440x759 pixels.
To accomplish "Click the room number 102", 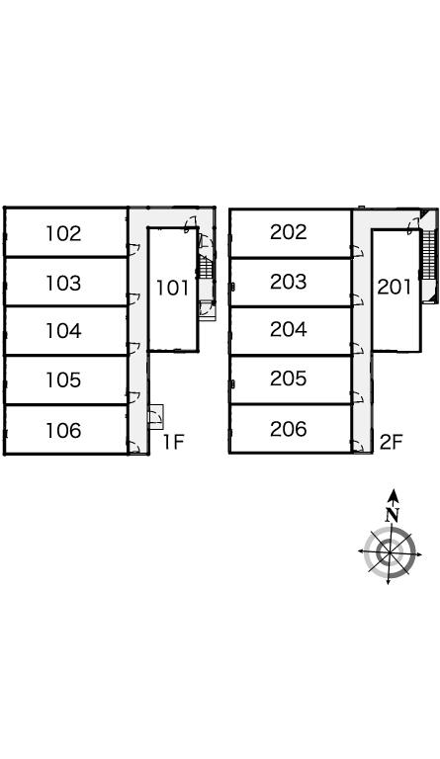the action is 63,234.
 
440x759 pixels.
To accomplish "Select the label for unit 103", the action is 63,283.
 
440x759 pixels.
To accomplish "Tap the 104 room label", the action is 63,331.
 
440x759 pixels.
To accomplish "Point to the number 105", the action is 63,379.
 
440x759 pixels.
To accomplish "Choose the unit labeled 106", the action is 63,430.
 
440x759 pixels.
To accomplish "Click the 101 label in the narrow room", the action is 172,288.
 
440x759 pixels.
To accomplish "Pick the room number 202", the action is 289,232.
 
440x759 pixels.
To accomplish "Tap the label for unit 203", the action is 289,282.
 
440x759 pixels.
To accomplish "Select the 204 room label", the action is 289,330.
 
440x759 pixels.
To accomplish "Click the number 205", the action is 289,379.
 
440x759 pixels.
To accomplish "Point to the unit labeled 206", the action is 289,429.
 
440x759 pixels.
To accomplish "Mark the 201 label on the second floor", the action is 395,287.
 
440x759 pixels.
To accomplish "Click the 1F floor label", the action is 173,442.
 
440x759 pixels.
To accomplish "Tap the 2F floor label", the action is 392,442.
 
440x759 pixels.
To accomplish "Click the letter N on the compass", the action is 393,514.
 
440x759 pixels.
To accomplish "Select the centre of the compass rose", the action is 390,552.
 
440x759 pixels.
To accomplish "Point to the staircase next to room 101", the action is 207,267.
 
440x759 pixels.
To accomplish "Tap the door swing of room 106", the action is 134,448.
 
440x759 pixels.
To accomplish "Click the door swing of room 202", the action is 358,251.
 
